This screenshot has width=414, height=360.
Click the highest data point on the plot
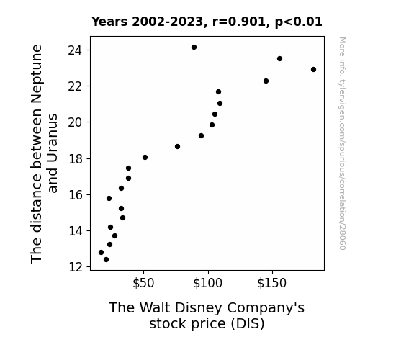pos(194,48)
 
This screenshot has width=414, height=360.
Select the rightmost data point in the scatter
pos(313,69)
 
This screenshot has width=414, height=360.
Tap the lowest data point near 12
pos(106,260)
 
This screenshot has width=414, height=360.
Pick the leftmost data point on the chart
pos(101,252)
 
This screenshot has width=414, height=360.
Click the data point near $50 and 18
pos(145,158)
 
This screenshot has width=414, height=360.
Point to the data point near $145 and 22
pos(266,81)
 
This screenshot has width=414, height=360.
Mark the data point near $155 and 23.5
pos(279,58)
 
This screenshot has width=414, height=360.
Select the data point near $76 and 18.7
pos(177,147)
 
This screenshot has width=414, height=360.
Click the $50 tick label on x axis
pos(143,283)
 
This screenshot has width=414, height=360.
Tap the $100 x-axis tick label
pos(208,283)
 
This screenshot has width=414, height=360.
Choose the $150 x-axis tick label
pos(272,283)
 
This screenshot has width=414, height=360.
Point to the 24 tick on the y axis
pos(75,50)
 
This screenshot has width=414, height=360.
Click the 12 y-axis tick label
pos(75,267)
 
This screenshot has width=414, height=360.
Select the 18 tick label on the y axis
pos(75,159)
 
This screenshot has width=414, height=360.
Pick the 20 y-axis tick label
pos(75,122)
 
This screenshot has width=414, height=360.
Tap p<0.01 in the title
pos(299,22)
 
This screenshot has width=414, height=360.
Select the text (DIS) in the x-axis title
pos(248,324)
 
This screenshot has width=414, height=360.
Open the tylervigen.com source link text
pos(343,143)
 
